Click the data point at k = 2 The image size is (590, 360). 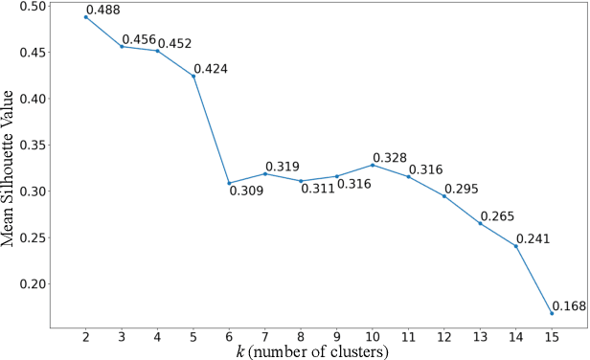point(85,17)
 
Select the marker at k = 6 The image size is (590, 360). point(229,183)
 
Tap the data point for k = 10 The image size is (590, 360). point(373,165)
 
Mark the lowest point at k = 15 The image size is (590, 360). point(552,313)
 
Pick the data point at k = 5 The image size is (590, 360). point(193,76)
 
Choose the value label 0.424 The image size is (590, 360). point(213,69)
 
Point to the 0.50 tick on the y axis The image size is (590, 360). point(33,6)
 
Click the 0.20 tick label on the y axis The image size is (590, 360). point(33,284)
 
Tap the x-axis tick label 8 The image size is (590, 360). point(301,336)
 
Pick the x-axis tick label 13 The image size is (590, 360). point(480,336)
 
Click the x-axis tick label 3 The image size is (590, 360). point(122,336)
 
